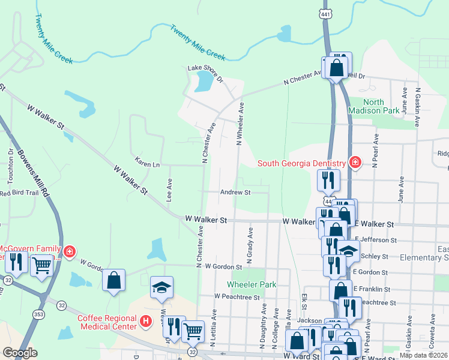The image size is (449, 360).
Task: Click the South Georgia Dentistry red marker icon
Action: click(355, 163)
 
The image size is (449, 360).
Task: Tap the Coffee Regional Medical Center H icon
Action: click(145, 322)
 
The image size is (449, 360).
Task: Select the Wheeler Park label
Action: click(252, 284)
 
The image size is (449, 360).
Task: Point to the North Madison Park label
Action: click(373, 106)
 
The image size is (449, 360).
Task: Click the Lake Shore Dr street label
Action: click(205, 74)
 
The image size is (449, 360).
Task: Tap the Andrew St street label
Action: click(235, 193)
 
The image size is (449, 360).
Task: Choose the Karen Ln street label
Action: click(147, 164)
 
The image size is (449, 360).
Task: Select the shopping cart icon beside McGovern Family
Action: click(41, 264)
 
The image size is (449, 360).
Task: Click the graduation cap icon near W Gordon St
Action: click(161, 287)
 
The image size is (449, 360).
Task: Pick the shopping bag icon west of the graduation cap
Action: click(113, 280)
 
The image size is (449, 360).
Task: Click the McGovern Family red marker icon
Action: click(70, 251)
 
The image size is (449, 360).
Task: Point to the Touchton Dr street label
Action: click(10, 166)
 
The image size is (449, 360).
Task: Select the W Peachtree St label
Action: click(237, 296)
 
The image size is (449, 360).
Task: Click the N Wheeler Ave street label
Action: click(240, 124)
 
